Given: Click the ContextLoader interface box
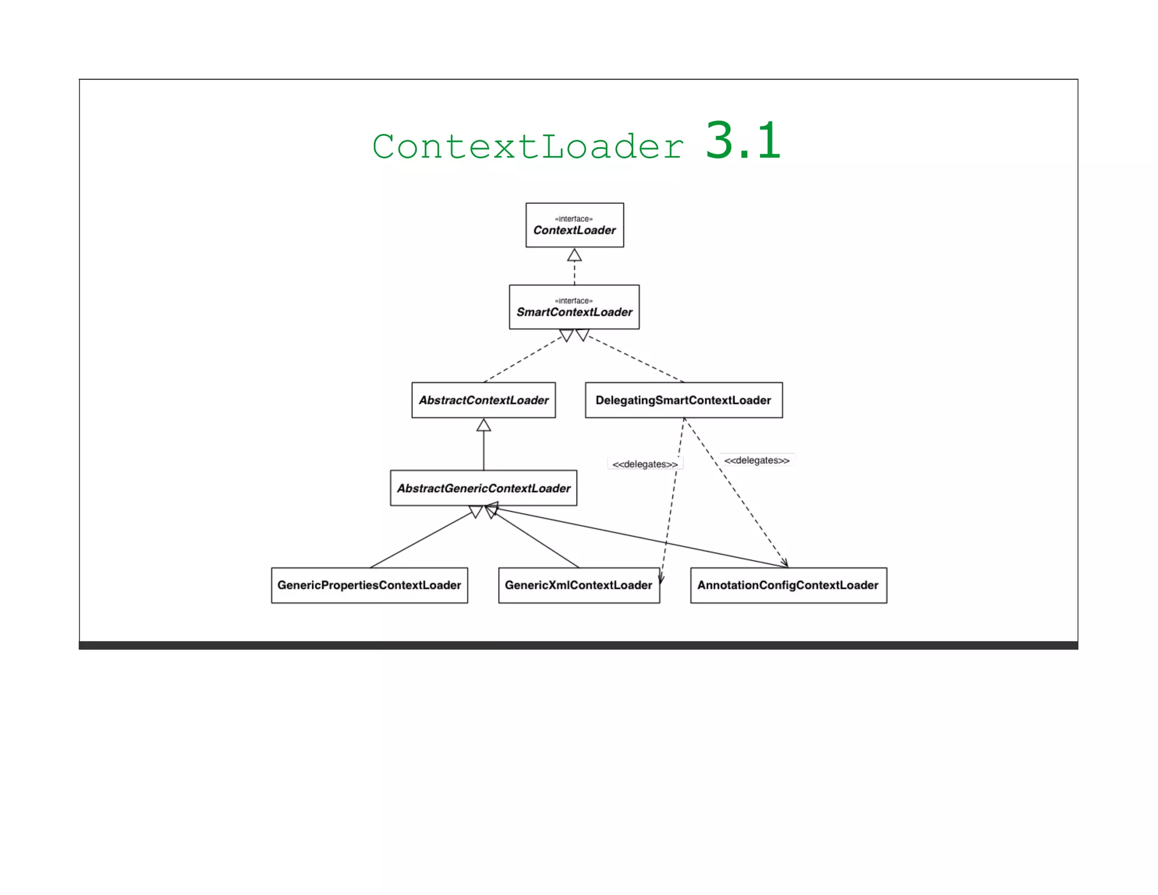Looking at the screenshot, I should [x=574, y=225].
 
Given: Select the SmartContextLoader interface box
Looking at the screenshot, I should [x=574, y=307].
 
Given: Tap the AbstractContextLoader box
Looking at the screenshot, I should [x=483, y=400].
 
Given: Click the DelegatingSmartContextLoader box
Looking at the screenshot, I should [x=684, y=400].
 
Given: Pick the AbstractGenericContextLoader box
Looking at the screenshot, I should [x=483, y=488].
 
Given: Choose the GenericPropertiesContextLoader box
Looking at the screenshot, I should [x=369, y=585].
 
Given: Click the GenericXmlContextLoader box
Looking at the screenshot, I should [x=578, y=585].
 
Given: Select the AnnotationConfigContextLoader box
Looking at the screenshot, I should [x=788, y=585].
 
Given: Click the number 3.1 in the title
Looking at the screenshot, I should [x=743, y=141].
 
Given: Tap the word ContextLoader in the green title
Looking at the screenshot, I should [x=528, y=147].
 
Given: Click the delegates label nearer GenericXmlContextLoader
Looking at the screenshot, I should [x=645, y=464].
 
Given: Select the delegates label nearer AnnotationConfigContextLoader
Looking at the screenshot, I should [x=757, y=461].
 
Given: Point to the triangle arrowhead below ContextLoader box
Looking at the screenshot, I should [x=574, y=255].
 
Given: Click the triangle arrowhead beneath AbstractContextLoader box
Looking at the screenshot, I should [x=483, y=425].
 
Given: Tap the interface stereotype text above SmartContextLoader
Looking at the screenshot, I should [x=574, y=301].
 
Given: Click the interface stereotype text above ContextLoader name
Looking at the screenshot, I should [x=574, y=219].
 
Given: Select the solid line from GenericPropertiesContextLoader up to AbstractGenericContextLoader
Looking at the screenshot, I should [x=421, y=540].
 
